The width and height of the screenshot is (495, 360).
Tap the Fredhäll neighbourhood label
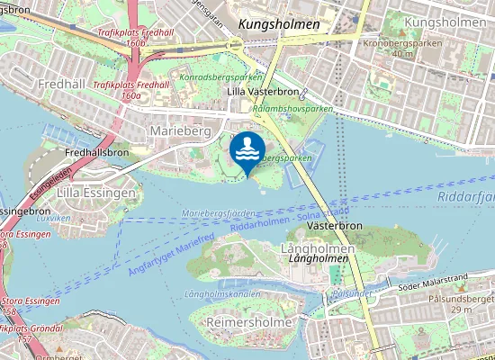pos(61,83)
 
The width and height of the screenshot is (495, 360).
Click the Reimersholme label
pos(248,321)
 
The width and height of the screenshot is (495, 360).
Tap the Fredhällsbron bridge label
pos(96,152)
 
